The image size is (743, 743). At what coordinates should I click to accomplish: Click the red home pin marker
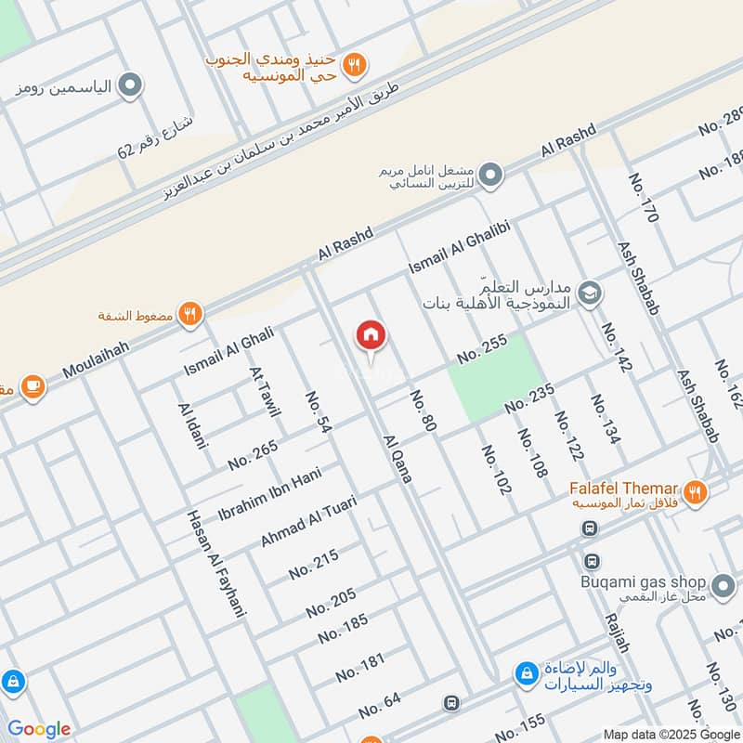tap(371, 337)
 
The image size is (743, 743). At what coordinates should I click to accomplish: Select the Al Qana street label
tap(397, 458)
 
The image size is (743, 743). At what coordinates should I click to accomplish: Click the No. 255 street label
tap(482, 349)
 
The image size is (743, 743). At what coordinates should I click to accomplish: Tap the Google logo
tap(38, 729)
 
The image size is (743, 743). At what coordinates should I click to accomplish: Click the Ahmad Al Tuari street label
tap(307, 521)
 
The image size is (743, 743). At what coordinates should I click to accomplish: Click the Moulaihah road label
tap(96, 358)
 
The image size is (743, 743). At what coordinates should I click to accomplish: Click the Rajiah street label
tap(617, 632)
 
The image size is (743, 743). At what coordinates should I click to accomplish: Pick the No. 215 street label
tap(313, 564)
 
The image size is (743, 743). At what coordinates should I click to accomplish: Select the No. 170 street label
tap(643, 198)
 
